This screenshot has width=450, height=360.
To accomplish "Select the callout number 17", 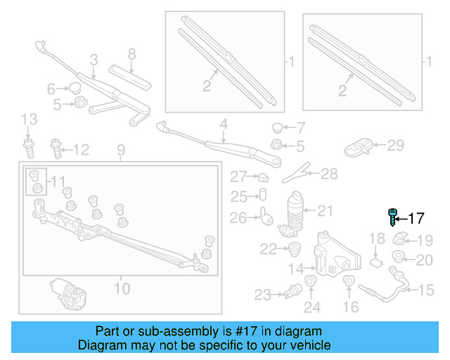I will click(416, 217).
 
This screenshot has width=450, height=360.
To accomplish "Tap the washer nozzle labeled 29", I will click(359, 148).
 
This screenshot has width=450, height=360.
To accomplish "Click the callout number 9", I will click(120, 150).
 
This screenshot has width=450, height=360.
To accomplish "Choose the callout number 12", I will click(82, 149).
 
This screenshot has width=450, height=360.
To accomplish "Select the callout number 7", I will click(300, 128).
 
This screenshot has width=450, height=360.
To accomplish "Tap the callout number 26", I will click(238, 218).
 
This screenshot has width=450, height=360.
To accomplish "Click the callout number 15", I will click(427, 290).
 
